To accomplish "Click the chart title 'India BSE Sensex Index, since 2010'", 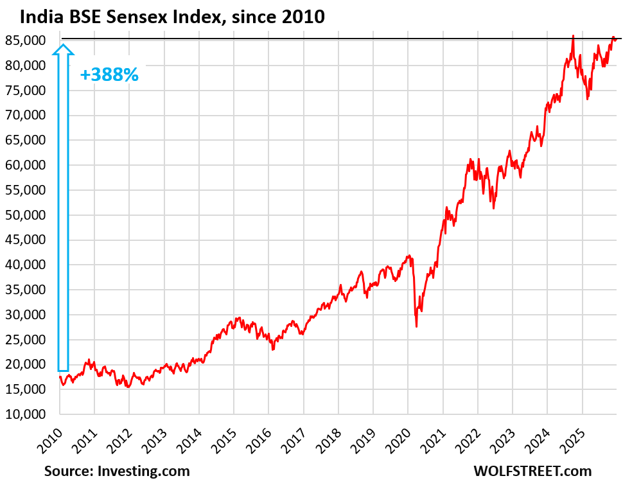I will [172, 18].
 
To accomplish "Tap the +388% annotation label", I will [109, 75].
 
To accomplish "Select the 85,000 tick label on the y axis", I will [26, 40].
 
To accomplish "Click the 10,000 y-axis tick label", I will [26, 414].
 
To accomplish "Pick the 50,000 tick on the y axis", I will [26, 215].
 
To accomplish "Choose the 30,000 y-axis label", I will [26, 314].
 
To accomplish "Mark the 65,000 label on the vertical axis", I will [26, 140].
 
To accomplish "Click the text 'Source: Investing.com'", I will [117, 471].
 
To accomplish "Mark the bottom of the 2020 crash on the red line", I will [416, 326].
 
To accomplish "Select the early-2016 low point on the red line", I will [273, 349].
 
